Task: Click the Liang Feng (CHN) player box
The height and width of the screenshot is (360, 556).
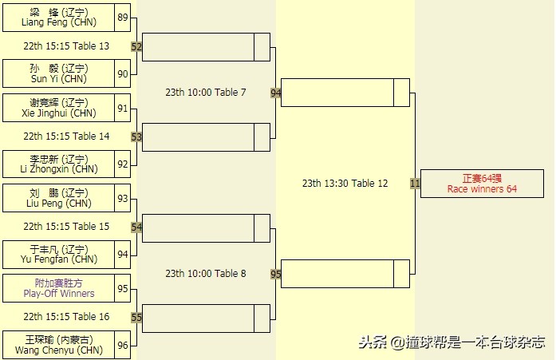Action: pyautogui.click(x=58, y=17)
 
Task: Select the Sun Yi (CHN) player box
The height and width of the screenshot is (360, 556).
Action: pyautogui.click(x=58, y=73)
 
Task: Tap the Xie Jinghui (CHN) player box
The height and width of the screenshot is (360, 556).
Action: pyautogui.click(x=58, y=107)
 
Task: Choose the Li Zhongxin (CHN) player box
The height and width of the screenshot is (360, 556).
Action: pyautogui.click(x=58, y=164)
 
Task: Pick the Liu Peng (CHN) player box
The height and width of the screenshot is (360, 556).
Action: pyautogui.click(x=58, y=197)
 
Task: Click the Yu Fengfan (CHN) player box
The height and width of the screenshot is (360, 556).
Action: pyautogui.click(x=58, y=254)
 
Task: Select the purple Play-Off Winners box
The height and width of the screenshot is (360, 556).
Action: pyautogui.click(x=58, y=287)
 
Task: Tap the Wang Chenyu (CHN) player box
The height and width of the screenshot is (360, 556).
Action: pyautogui.click(x=58, y=344)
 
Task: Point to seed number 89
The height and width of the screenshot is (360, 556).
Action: pyautogui.click(x=122, y=17)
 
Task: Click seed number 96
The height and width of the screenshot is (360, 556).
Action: pyautogui.click(x=122, y=345)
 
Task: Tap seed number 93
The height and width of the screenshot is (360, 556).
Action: pyautogui.click(x=122, y=198)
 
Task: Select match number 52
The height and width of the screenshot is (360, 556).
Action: pyautogui.click(x=136, y=47)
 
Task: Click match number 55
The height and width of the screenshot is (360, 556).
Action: pyautogui.click(x=136, y=318)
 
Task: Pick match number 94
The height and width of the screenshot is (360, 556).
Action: pyautogui.click(x=276, y=93)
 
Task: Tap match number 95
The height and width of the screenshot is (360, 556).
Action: pyautogui.click(x=276, y=274)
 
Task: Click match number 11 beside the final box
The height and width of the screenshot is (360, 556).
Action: pyautogui.click(x=415, y=184)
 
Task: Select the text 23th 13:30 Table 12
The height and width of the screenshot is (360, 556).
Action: pyautogui.click(x=345, y=184)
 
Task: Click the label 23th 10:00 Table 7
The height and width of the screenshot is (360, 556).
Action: pyautogui.click(x=206, y=93)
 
